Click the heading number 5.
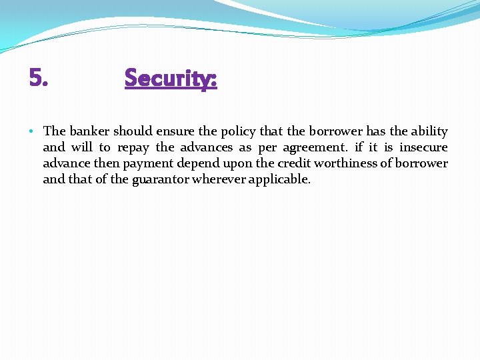39,78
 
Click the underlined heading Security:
171,79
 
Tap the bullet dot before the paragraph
33,131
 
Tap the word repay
133,147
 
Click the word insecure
423,147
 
